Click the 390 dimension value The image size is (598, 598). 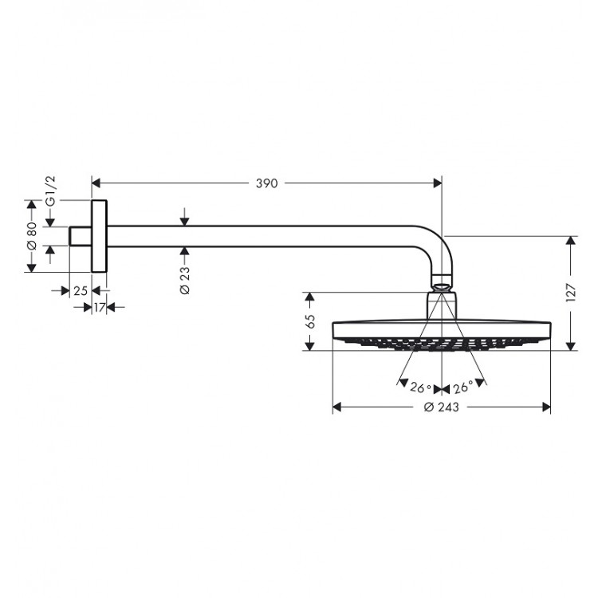click(266, 183)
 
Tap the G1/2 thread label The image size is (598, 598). click(50, 191)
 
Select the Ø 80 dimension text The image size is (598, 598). click(32, 236)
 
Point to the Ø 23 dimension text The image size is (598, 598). click(184, 281)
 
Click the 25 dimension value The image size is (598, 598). click(81, 291)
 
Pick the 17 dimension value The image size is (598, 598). click(100, 307)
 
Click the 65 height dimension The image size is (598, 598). click(310, 321)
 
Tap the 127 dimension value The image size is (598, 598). click(571, 293)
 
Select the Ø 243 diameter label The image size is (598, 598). click(441, 407)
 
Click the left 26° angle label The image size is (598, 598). click(421, 388)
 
